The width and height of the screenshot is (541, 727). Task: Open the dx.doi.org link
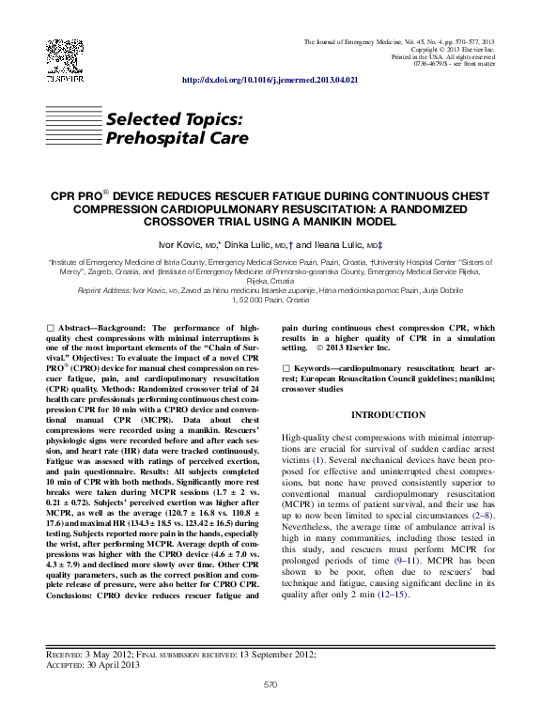(x=269, y=82)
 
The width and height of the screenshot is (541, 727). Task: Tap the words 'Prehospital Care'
(x=177, y=138)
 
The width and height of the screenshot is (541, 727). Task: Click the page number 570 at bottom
(x=270, y=685)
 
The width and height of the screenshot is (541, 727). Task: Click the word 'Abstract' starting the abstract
(x=80, y=328)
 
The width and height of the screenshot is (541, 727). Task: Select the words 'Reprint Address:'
(x=104, y=290)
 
